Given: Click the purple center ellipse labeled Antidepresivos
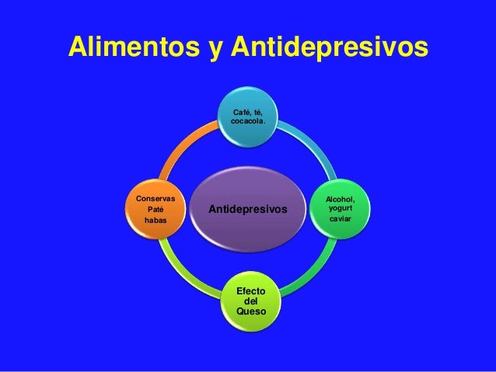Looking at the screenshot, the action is click(248, 210).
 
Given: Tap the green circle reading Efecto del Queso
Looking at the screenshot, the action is click(250, 299).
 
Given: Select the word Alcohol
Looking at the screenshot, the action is click(341, 200).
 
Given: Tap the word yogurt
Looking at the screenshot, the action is click(340, 209).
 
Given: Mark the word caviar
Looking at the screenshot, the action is click(340, 220).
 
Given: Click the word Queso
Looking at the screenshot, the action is click(250, 311).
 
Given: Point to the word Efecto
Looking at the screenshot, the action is click(250, 290).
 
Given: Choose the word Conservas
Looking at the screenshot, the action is click(155, 199).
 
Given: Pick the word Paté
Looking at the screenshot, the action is click(155, 210).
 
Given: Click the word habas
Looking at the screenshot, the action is click(155, 221).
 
